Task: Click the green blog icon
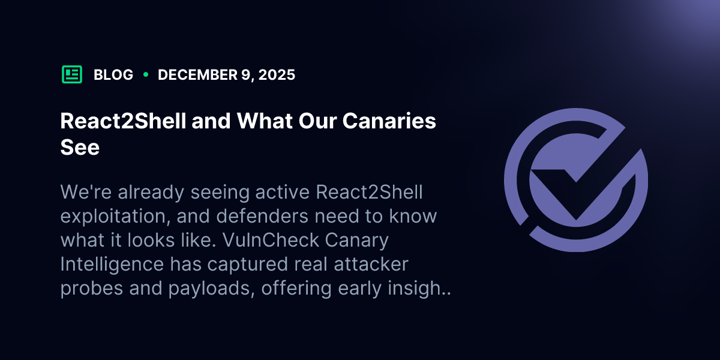click(x=72, y=74)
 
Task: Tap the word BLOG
click(x=113, y=75)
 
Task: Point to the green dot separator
click(x=146, y=74)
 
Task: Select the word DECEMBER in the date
click(x=197, y=75)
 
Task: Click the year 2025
click(x=277, y=75)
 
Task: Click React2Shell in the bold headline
click(x=123, y=121)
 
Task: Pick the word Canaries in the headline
click(x=389, y=121)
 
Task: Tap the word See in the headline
click(x=80, y=147)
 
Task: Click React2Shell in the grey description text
click(x=369, y=192)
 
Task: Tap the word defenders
click(x=262, y=216)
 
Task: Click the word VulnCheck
click(x=271, y=240)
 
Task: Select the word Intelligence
click(x=112, y=264)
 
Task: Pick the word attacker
click(x=371, y=264)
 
